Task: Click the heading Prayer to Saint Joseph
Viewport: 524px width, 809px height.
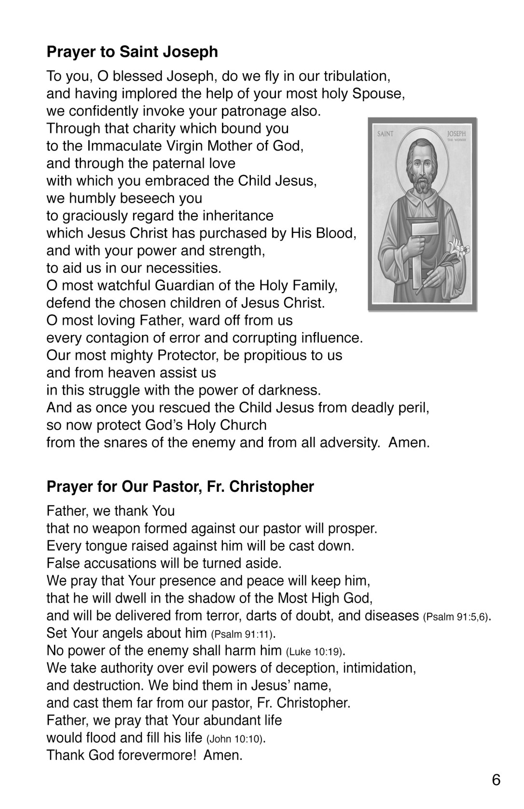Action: [x=132, y=52]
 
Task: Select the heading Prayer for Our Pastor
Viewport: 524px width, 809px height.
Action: [x=180, y=486]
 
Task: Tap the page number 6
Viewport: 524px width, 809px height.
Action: [x=496, y=780]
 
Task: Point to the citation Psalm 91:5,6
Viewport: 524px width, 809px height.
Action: [x=456, y=617]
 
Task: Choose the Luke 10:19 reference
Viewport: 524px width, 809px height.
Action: [x=315, y=652]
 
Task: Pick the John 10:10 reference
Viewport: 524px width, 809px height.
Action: [x=232, y=739]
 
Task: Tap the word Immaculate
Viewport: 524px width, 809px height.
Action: [x=127, y=146]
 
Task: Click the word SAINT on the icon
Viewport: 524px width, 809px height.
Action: [x=385, y=134]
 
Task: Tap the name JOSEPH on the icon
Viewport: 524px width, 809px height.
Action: [x=456, y=133]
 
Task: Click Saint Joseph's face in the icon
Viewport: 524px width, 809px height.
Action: [x=422, y=166]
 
